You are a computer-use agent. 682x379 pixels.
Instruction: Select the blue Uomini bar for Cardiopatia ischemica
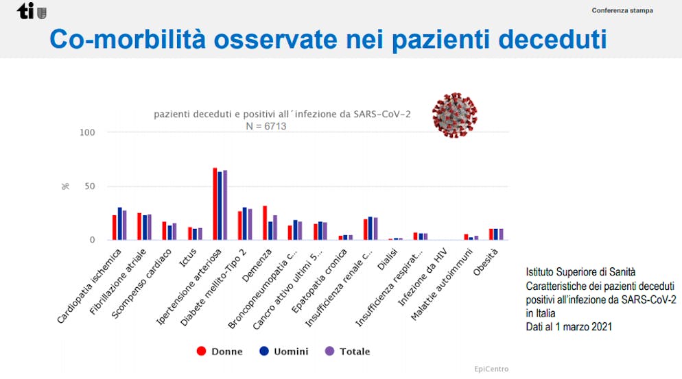coord(119,223)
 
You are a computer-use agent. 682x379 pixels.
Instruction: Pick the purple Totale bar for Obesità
coord(501,234)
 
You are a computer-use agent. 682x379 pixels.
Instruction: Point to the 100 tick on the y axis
coord(86,132)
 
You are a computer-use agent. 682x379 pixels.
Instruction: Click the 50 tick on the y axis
coord(89,186)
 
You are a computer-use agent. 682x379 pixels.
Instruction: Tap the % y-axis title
coord(66,186)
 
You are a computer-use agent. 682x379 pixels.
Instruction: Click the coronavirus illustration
coord(455,115)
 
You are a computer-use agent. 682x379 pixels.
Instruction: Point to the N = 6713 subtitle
coord(266,127)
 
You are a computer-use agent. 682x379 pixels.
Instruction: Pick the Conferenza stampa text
coord(622,11)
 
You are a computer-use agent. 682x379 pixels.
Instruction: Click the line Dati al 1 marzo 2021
coord(569,327)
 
